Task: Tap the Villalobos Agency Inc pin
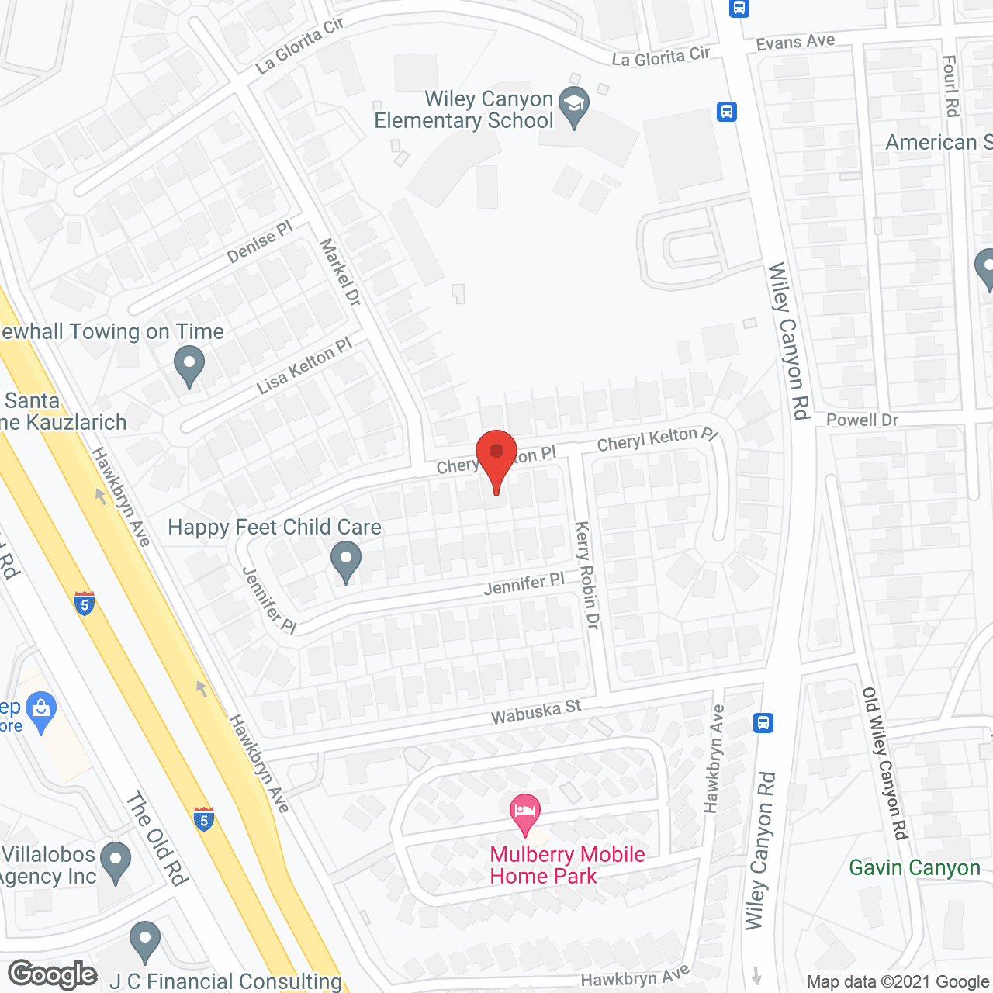click(116, 861)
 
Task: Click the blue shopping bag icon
click(40, 710)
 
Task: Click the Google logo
click(52, 974)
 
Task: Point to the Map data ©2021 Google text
click(898, 982)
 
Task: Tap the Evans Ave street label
click(795, 42)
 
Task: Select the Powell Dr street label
click(862, 420)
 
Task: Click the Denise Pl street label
click(260, 242)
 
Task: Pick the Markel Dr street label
click(341, 272)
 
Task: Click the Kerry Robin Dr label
click(587, 575)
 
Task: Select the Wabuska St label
click(535, 711)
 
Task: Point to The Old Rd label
click(157, 839)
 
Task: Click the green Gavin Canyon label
click(915, 867)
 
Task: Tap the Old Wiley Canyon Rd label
click(885, 763)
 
